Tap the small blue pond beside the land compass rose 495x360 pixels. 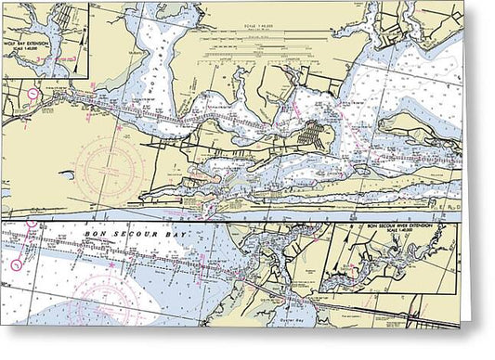click(x=66, y=174)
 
